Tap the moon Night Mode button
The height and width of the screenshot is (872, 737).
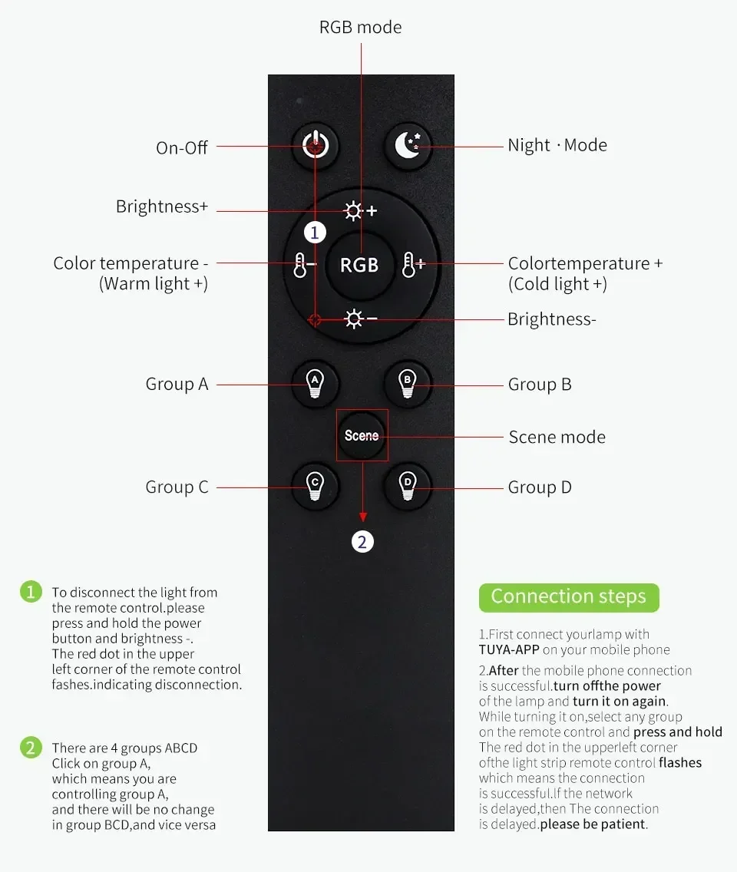pyautogui.click(x=408, y=145)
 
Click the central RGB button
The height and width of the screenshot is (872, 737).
pyautogui.click(x=359, y=265)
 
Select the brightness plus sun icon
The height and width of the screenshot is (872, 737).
pyautogui.click(x=359, y=211)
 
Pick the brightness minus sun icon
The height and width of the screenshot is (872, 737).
pyautogui.click(x=359, y=319)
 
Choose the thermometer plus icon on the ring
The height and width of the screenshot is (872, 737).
pyautogui.click(x=413, y=266)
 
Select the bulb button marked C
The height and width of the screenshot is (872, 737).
pyautogui.click(x=314, y=485)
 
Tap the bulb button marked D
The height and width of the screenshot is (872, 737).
pyautogui.click(x=408, y=485)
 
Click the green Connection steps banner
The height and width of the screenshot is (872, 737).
pyautogui.click(x=569, y=596)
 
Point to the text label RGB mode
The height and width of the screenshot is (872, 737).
pyautogui.click(x=360, y=28)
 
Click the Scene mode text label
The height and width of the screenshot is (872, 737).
pyautogui.click(x=557, y=438)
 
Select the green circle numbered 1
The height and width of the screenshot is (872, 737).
pyautogui.click(x=31, y=592)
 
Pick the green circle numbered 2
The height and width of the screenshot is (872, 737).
pyautogui.click(x=31, y=748)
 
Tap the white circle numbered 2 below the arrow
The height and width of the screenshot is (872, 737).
pyautogui.click(x=362, y=542)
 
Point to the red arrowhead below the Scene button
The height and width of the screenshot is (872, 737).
pyautogui.click(x=362, y=517)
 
